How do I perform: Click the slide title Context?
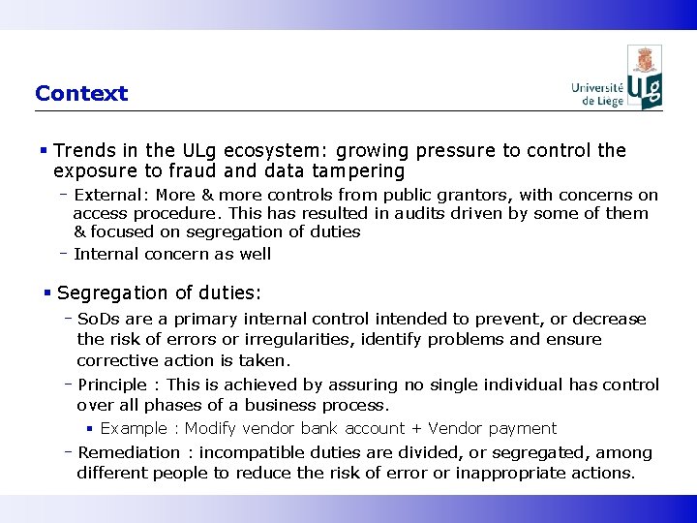(x=81, y=94)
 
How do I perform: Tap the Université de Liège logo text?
(x=596, y=92)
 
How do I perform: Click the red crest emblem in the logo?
(x=645, y=61)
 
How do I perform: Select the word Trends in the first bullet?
(x=83, y=151)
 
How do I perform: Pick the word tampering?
(x=356, y=171)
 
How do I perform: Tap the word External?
(x=107, y=195)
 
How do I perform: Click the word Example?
(x=134, y=428)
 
